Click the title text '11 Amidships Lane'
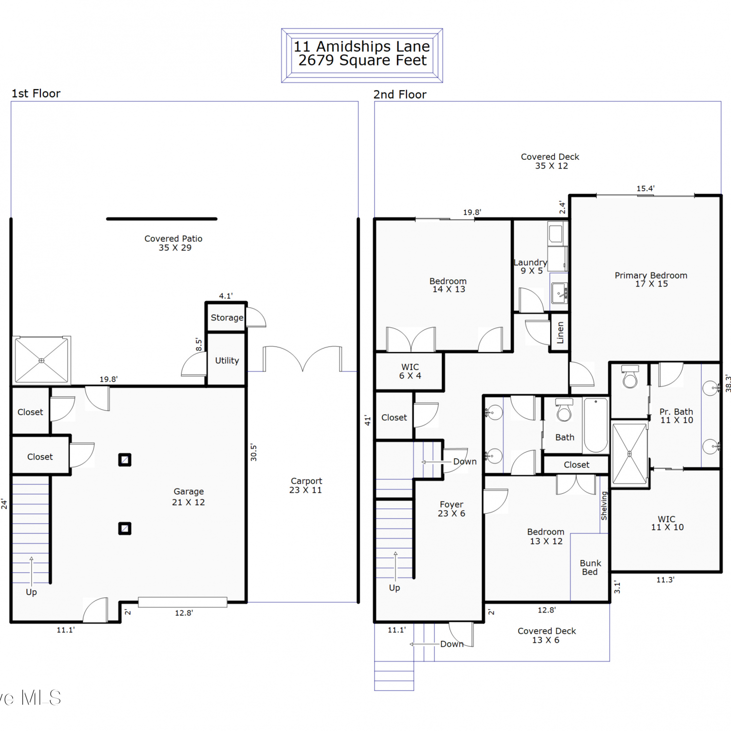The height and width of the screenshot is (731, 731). (362, 46)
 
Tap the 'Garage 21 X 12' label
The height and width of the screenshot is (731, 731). (189, 497)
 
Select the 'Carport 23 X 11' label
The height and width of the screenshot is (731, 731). (306, 485)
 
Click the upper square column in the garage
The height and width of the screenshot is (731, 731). (125, 460)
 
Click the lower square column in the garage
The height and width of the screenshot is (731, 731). (125, 528)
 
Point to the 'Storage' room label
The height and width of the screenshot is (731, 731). (227, 318)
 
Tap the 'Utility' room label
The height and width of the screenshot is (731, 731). (227, 361)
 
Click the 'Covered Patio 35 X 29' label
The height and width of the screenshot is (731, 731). (173, 243)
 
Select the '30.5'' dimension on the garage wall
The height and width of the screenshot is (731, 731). (253, 453)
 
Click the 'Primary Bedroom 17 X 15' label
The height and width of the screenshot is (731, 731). (651, 279)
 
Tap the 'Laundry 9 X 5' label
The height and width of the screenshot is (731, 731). (531, 267)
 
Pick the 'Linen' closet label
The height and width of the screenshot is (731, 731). (560, 332)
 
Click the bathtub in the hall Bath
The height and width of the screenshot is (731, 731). (596, 425)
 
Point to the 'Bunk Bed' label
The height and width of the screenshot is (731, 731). (590, 568)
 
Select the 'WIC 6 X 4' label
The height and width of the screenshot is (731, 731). (410, 371)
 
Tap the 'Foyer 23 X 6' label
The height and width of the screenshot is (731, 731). (451, 509)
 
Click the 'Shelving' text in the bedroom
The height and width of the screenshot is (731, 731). (604, 505)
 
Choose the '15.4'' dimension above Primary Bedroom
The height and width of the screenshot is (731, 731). (646, 189)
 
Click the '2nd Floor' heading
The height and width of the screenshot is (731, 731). (400, 95)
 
